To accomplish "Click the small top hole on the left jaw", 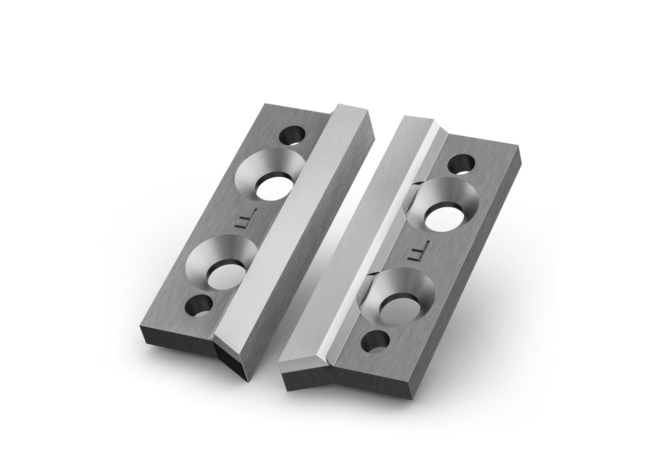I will pos(292,136).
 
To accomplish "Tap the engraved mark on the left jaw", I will pos(241,222).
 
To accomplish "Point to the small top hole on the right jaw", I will pos(461,164).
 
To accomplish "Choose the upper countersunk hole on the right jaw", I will pos(443,205).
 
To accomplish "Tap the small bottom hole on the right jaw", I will pos(375,342).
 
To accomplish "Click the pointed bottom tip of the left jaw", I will pos(244,381).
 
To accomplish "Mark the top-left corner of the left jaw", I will pos(265,104).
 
